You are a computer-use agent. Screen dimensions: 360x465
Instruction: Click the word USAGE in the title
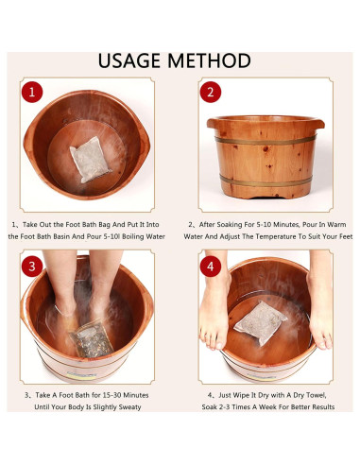pyautogui.click(x=129, y=60)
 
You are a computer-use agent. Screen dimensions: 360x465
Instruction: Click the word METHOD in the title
pyautogui.click(x=209, y=60)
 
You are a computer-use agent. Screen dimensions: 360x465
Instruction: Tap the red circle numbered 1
pyautogui.click(x=32, y=93)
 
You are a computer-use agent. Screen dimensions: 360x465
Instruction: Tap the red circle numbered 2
pyautogui.click(x=211, y=92)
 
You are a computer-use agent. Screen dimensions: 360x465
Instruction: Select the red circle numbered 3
pyautogui.click(x=32, y=267)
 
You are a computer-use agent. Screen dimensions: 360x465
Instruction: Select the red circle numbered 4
pyautogui.click(x=211, y=267)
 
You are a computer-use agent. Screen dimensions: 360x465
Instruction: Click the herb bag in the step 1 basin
pyautogui.click(x=91, y=160)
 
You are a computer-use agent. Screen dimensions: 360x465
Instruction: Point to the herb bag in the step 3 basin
pyautogui.click(x=92, y=339)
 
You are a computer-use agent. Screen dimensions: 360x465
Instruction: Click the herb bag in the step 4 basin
pyautogui.click(x=260, y=322)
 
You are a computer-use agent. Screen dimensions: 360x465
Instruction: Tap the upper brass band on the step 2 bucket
pyautogui.click(x=266, y=141)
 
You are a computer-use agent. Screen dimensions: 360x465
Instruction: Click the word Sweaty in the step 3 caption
pyautogui.click(x=129, y=407)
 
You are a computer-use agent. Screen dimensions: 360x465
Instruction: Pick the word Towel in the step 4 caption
pyautogui.click(x=316, y=395)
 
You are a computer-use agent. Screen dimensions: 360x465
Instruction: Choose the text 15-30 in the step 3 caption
pyautogui.click(x=111, y=395)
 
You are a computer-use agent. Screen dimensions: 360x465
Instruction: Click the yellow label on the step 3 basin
pyautogui.click(x=81, y=376)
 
